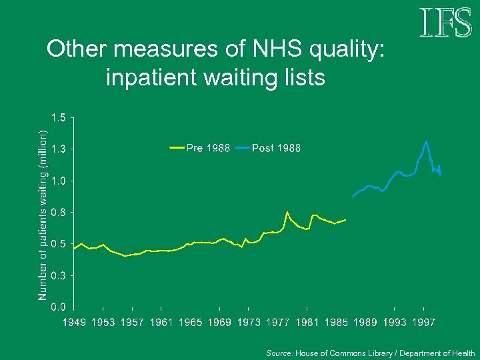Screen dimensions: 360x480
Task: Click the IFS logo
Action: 445,23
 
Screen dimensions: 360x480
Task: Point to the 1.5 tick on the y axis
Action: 59,118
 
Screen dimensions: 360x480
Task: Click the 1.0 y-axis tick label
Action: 59,181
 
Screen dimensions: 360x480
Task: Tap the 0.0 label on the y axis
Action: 59,307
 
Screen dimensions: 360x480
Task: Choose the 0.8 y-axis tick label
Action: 59,213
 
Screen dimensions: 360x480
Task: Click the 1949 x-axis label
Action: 75,323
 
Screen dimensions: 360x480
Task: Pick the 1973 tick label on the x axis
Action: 249,323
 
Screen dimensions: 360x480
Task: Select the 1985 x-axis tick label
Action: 337,323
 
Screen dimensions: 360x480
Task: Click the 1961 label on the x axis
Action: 162,323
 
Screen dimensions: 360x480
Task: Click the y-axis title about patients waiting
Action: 43,213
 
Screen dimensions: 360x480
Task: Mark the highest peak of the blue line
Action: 426,141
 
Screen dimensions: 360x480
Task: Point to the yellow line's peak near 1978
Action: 287,212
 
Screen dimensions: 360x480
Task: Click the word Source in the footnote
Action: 279,353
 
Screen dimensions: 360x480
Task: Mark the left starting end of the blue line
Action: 353,197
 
